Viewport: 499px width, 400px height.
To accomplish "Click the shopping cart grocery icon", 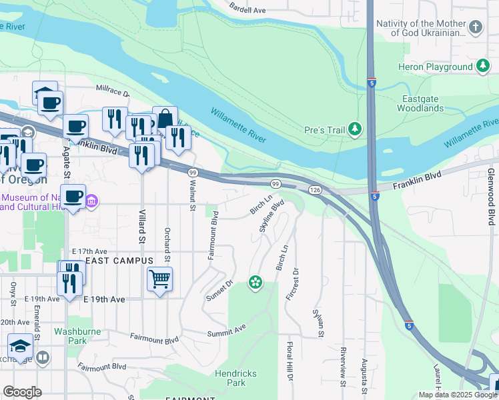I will coord(159,279).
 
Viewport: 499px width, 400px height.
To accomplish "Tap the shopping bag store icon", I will coord(165,118).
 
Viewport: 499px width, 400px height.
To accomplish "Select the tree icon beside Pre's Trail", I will coord(356,129).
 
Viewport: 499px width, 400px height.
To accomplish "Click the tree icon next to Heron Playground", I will coord(482,66).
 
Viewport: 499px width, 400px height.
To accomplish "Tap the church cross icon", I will coord(475,27).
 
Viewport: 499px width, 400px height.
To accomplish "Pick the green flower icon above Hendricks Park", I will coord(254,283).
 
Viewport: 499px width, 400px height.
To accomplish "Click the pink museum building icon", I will coord(92,201).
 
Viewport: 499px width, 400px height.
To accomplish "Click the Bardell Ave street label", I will coord(247,10).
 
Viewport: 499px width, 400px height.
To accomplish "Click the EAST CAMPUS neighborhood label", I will coord(119,260).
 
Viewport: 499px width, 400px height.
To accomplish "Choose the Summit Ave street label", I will coord(226,330).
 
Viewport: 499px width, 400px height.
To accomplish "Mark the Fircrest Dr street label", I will coord(292,284).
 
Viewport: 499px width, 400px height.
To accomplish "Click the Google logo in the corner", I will coord(22,392).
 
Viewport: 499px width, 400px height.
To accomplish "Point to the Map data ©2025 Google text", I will coord(458,395).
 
